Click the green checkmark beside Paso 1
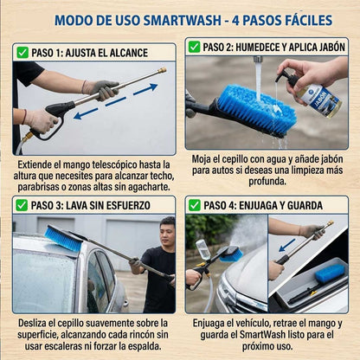coord(22,52)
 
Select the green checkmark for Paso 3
coord(22,205)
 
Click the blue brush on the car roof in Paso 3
coord(64,237)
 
